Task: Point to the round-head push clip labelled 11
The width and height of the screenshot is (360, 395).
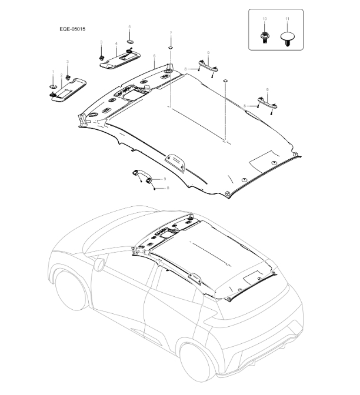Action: coord(286,40)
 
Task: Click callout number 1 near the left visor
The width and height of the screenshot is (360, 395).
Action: coord(53,72)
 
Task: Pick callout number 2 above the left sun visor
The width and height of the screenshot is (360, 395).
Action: coord(61,76)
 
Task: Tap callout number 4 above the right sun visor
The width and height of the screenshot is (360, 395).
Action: coord(116,43)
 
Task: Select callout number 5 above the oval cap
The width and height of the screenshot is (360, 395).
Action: coord(130,27)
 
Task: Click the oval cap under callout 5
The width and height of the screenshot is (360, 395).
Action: coord(130,42)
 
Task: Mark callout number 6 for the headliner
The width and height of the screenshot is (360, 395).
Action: coord(154,56)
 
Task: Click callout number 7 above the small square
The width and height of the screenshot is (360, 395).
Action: coord(171,33)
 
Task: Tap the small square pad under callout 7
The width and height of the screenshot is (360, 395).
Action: coord(171,46)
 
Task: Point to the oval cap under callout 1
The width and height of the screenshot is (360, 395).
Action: coord(53,86)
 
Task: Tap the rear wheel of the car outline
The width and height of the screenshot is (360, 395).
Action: coord(198,360)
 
